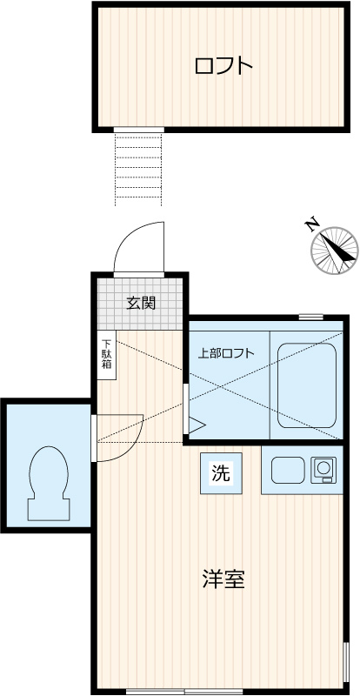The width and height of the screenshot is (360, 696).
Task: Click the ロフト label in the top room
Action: (223, 65)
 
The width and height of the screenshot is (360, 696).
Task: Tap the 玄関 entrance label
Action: (141, 304)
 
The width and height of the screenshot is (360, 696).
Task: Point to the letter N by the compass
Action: (311, 224)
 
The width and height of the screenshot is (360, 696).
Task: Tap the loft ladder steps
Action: (138, 169)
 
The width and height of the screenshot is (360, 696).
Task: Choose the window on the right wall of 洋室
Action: (345, 666)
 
